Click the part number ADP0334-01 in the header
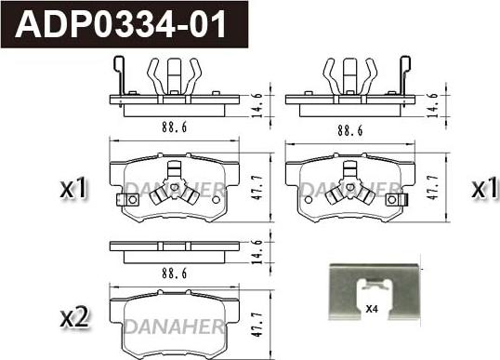(x=121, y=24)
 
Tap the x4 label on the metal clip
(x=372, y=309)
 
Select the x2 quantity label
(x=74, y=317)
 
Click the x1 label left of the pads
(x=73, y=188)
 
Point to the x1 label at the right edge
(x=485, y=187)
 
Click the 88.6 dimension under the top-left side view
(x=174, y=127)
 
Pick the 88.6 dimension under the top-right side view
(x=350, y=130)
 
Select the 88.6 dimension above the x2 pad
(x=174, y=273)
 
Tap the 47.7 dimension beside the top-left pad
(x=257, y=188)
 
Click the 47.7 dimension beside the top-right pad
(x=433, y=188)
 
